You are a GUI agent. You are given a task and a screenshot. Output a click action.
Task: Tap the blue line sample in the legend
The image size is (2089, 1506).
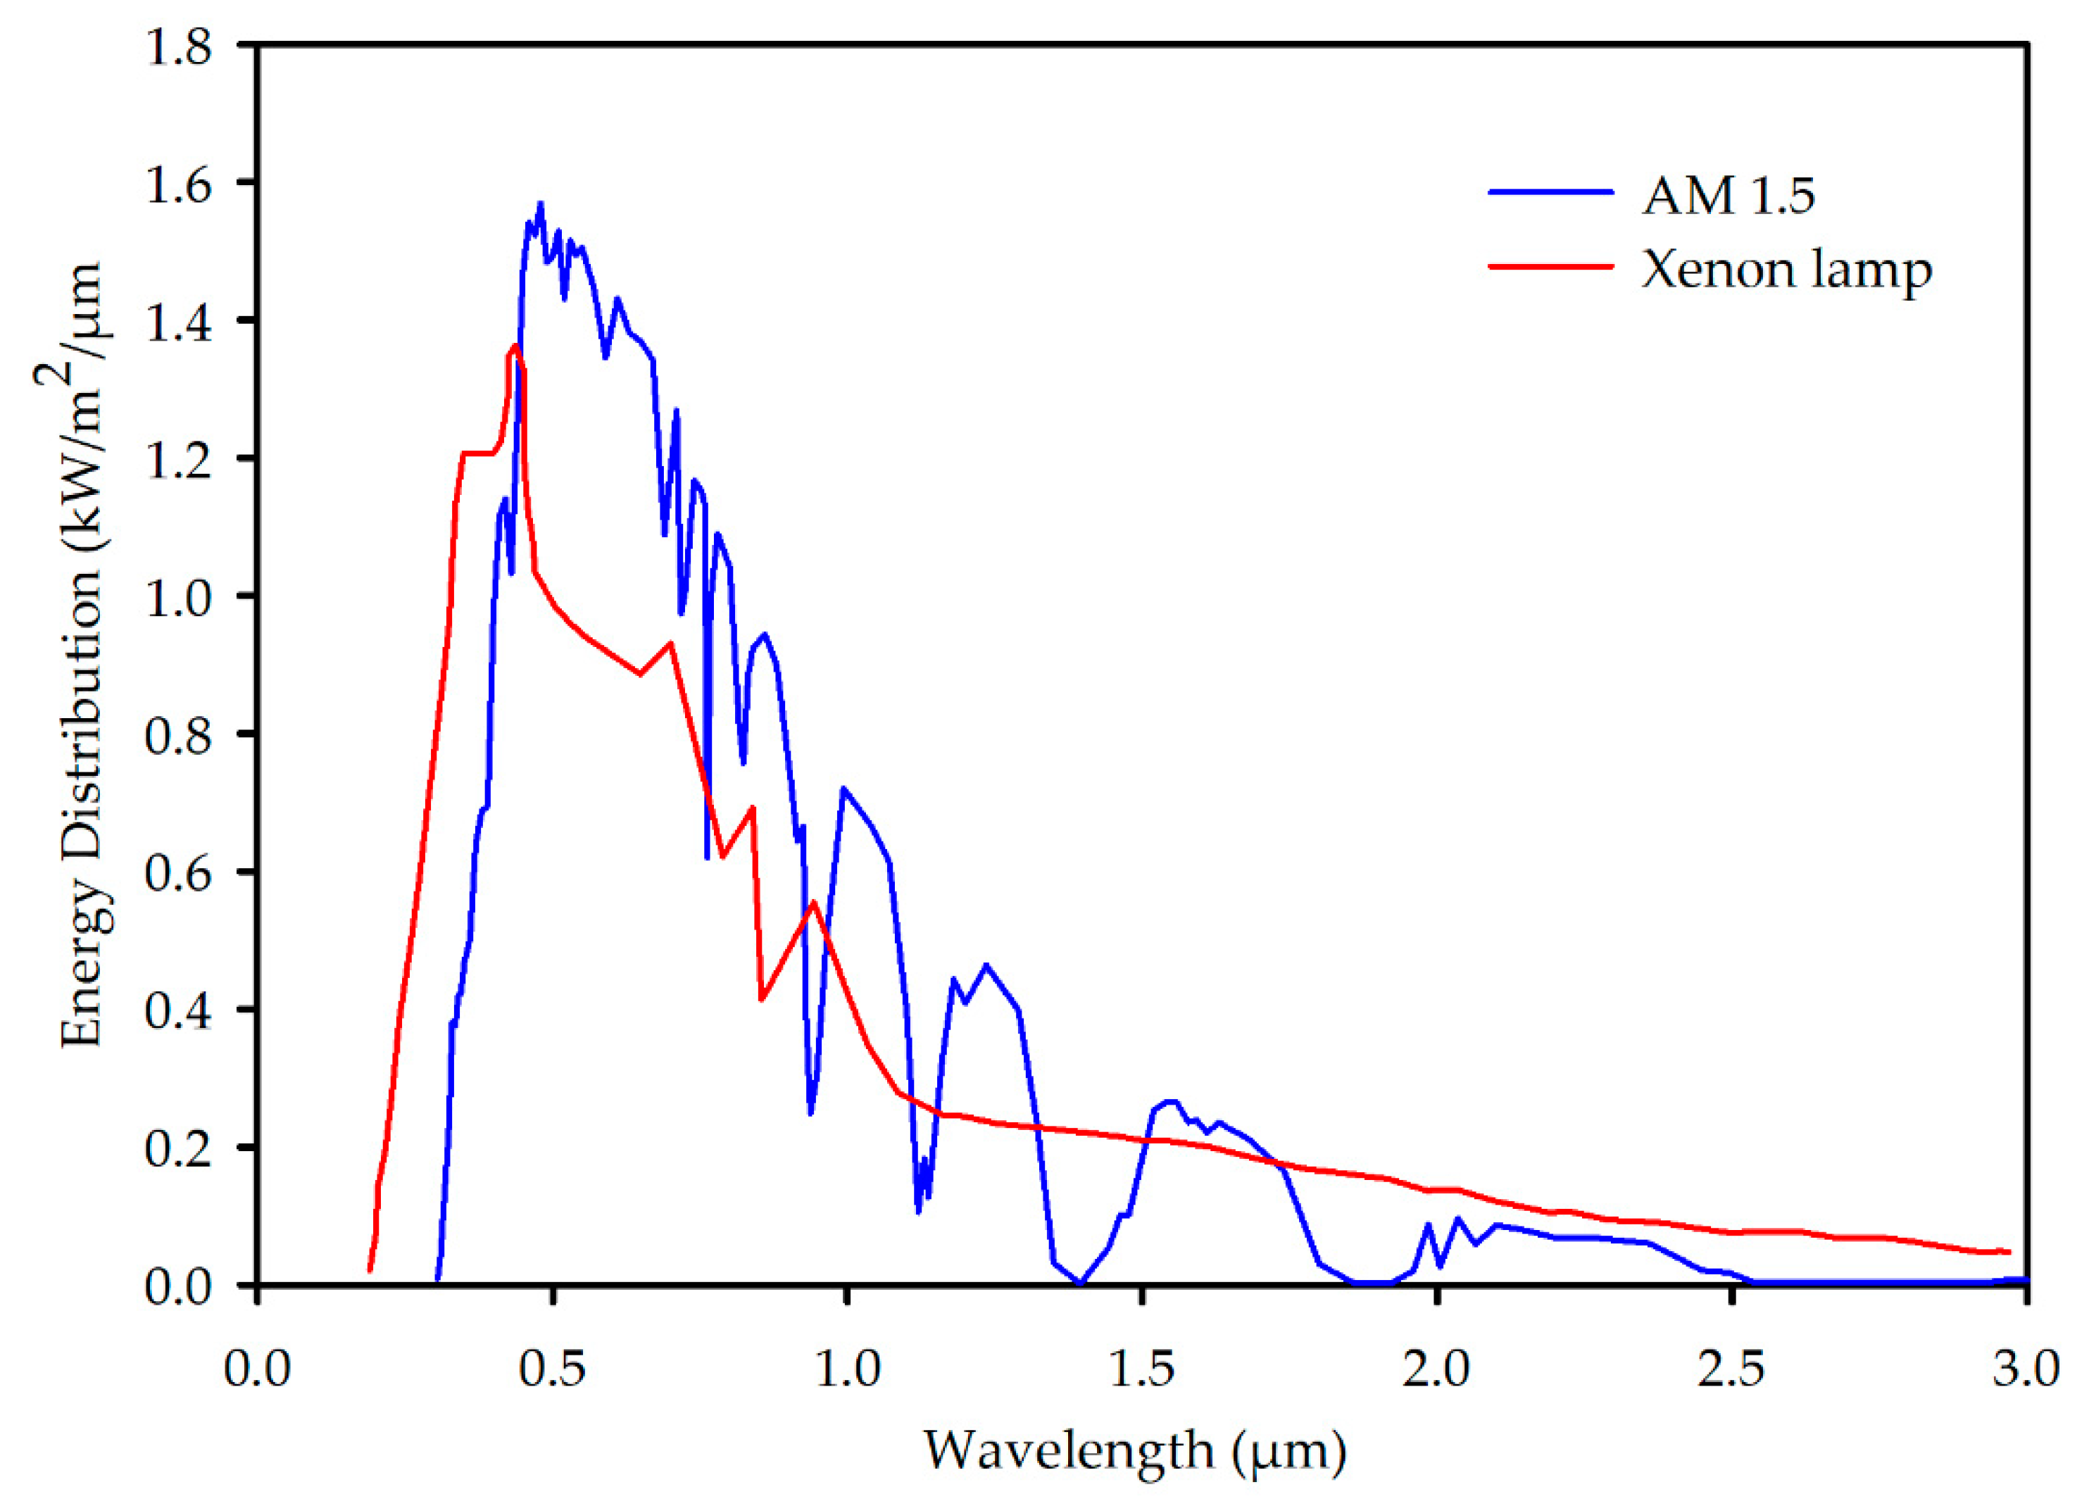point(1551,192)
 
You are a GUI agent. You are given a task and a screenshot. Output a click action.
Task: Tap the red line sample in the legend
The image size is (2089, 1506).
point(1551,266)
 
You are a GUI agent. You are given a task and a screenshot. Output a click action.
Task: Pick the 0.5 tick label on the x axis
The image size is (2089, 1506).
point(552,1369)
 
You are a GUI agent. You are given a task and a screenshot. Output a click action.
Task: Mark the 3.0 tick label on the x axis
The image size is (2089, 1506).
point(2026,1369)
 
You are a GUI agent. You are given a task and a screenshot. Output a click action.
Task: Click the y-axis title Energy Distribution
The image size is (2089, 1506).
point(81,654)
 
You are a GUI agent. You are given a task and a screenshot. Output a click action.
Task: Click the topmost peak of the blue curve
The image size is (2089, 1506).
point(541,203)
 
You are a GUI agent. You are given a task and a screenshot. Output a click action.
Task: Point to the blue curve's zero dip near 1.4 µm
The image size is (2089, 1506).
point(1081,1282)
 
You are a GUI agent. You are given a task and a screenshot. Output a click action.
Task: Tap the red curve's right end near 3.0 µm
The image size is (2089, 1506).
point(2009,1252)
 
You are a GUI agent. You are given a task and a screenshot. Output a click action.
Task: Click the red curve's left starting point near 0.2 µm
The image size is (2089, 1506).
point(370,1271)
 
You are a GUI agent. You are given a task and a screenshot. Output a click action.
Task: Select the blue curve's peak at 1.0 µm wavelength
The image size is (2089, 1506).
point(843,789)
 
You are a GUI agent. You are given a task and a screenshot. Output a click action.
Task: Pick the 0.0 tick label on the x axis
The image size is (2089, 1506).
point(257,1369)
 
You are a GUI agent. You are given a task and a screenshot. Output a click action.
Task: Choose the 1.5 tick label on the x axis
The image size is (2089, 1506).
point(1141,1369)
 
